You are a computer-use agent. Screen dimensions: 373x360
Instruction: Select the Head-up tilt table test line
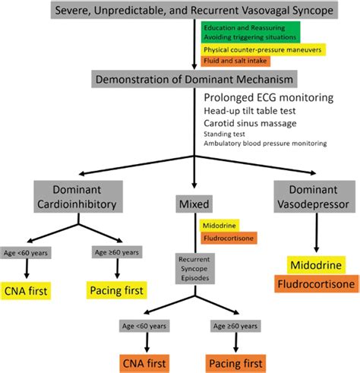257,110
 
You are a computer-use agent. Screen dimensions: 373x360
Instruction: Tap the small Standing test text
225,133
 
